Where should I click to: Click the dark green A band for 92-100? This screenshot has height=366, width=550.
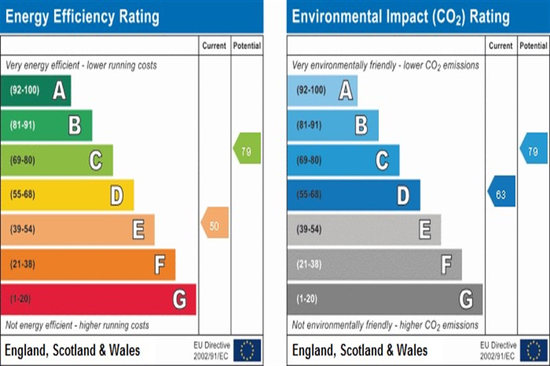pos(36,90)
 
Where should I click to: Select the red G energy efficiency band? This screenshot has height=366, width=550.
pos(98,299)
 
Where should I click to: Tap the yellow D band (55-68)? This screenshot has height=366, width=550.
pos(67,195)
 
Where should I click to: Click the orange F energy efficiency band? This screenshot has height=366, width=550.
pos(88,264)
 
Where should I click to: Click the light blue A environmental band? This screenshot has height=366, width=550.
pos(322,90)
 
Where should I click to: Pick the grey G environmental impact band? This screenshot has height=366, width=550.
pos(385,299)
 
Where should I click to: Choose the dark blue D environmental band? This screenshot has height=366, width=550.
pos(354,195)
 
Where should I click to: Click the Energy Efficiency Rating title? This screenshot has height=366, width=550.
pos(82,17)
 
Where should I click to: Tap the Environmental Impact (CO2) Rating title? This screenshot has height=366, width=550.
pos(400,17)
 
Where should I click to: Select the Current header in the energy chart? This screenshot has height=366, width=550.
pos(214,46)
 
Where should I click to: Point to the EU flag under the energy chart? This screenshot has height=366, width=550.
pos(247,350)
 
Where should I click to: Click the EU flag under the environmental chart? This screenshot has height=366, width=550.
pos(533,350)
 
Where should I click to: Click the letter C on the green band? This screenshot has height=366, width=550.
pos(96,160)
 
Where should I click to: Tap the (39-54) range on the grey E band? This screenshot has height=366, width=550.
pos(309,229)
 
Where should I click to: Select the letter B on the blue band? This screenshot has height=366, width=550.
pos(361,125)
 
